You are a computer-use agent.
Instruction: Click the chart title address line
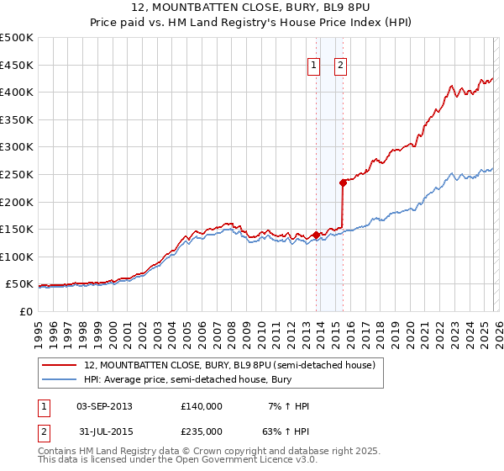click(x=252, y=8)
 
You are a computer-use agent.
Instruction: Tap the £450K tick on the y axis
click(x=17, y=65)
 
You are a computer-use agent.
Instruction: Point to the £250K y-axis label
click(x=17, y=174)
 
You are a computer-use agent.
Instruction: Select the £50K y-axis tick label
click(x=19, y=284)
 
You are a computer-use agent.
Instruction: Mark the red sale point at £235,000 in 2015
click(x=343, y=182)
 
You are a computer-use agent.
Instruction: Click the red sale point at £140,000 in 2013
click(x=315, y=235)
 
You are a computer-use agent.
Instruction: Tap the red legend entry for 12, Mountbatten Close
click(x=234, y=365)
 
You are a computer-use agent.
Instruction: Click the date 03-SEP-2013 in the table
click(x=104, y=405)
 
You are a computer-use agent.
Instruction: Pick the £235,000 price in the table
click(x=202, y=431)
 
